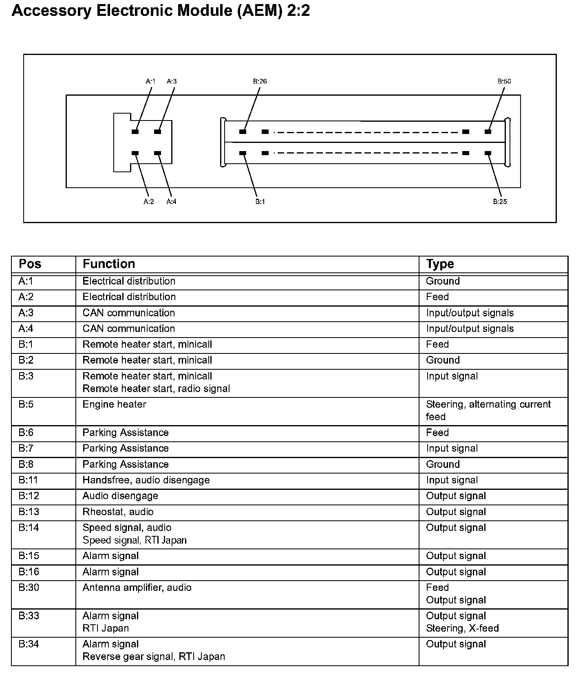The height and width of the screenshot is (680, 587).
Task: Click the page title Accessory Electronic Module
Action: coord(161,11)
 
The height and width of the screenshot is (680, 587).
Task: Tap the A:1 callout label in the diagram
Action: coord(150,81)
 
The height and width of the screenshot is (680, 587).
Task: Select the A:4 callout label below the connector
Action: coord(171,202)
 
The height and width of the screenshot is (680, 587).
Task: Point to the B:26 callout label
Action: coord(260,81)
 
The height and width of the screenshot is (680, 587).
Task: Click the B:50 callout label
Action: coord(504,81)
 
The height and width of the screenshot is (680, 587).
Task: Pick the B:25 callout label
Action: coord(500,202)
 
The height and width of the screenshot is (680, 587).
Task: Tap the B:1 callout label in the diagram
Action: coord(260,202)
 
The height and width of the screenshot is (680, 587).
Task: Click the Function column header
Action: coord(108,264)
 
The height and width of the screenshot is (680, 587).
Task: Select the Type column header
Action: coord(440,264)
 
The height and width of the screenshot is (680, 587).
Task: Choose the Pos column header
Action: coord(30,264)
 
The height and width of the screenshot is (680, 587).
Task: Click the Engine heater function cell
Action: coord(114,404)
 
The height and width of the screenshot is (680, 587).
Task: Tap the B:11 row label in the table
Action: coord(28,480)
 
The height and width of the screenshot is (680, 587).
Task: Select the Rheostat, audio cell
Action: coord(118,512)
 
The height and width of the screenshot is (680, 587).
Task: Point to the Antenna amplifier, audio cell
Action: coord(137,588)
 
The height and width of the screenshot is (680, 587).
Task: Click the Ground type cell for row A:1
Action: coord(443,281)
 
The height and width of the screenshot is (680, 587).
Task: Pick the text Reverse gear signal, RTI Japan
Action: coord(154,656)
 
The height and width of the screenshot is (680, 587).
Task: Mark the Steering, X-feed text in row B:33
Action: coord(462,628)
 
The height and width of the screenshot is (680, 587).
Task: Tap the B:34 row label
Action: coord(29,644)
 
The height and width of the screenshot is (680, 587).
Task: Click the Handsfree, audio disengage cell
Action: coord(146,480)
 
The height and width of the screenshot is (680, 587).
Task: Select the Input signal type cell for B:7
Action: coord(452,448)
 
